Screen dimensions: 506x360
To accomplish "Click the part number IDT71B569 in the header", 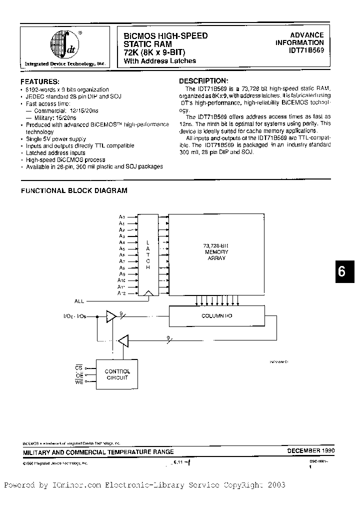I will [306, 50].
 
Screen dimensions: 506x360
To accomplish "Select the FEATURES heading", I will [40, 81].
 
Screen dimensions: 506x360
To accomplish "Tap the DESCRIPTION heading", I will [203, 81].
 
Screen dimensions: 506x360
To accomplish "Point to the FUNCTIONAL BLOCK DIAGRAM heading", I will [73, 190].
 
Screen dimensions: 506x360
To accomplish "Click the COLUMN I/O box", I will [216, 315].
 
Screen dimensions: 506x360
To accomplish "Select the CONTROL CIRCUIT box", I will [117, 374].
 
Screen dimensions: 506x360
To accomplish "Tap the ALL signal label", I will [79, 301].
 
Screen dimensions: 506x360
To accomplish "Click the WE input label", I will [79, 382].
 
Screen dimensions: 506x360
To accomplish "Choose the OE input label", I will [79, 375].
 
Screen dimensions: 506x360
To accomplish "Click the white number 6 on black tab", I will [341, 272].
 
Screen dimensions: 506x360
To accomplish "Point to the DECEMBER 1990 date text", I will [310, 450].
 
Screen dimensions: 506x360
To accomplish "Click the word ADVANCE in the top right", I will [307, 35].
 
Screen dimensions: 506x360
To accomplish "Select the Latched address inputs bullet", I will [55, 152].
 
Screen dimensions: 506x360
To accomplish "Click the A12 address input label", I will [121, 293].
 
